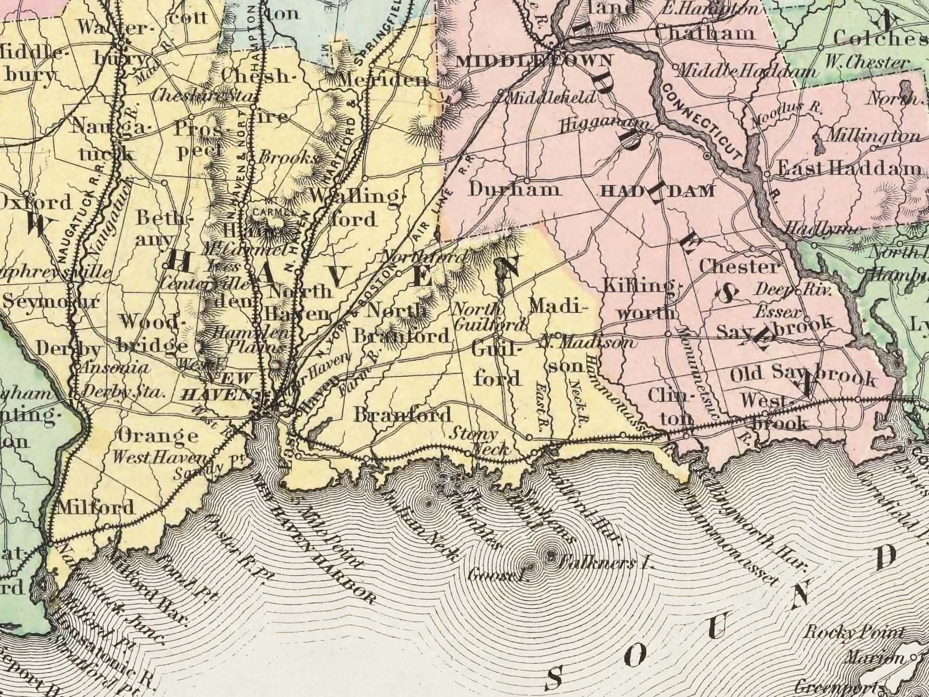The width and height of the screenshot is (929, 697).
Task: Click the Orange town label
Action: click(157, 436)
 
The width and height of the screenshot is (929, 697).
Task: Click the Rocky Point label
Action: click(855, 632)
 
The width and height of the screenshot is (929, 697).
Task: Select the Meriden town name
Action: click(384, 80)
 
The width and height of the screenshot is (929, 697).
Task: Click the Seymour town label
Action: click(51, 302)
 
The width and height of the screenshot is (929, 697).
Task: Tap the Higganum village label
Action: click(606, 124)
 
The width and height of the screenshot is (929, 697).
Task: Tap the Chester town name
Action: click(739, 267)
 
